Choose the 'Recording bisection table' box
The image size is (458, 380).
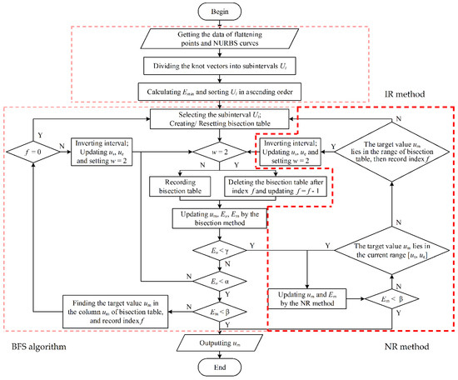[180, 184]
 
